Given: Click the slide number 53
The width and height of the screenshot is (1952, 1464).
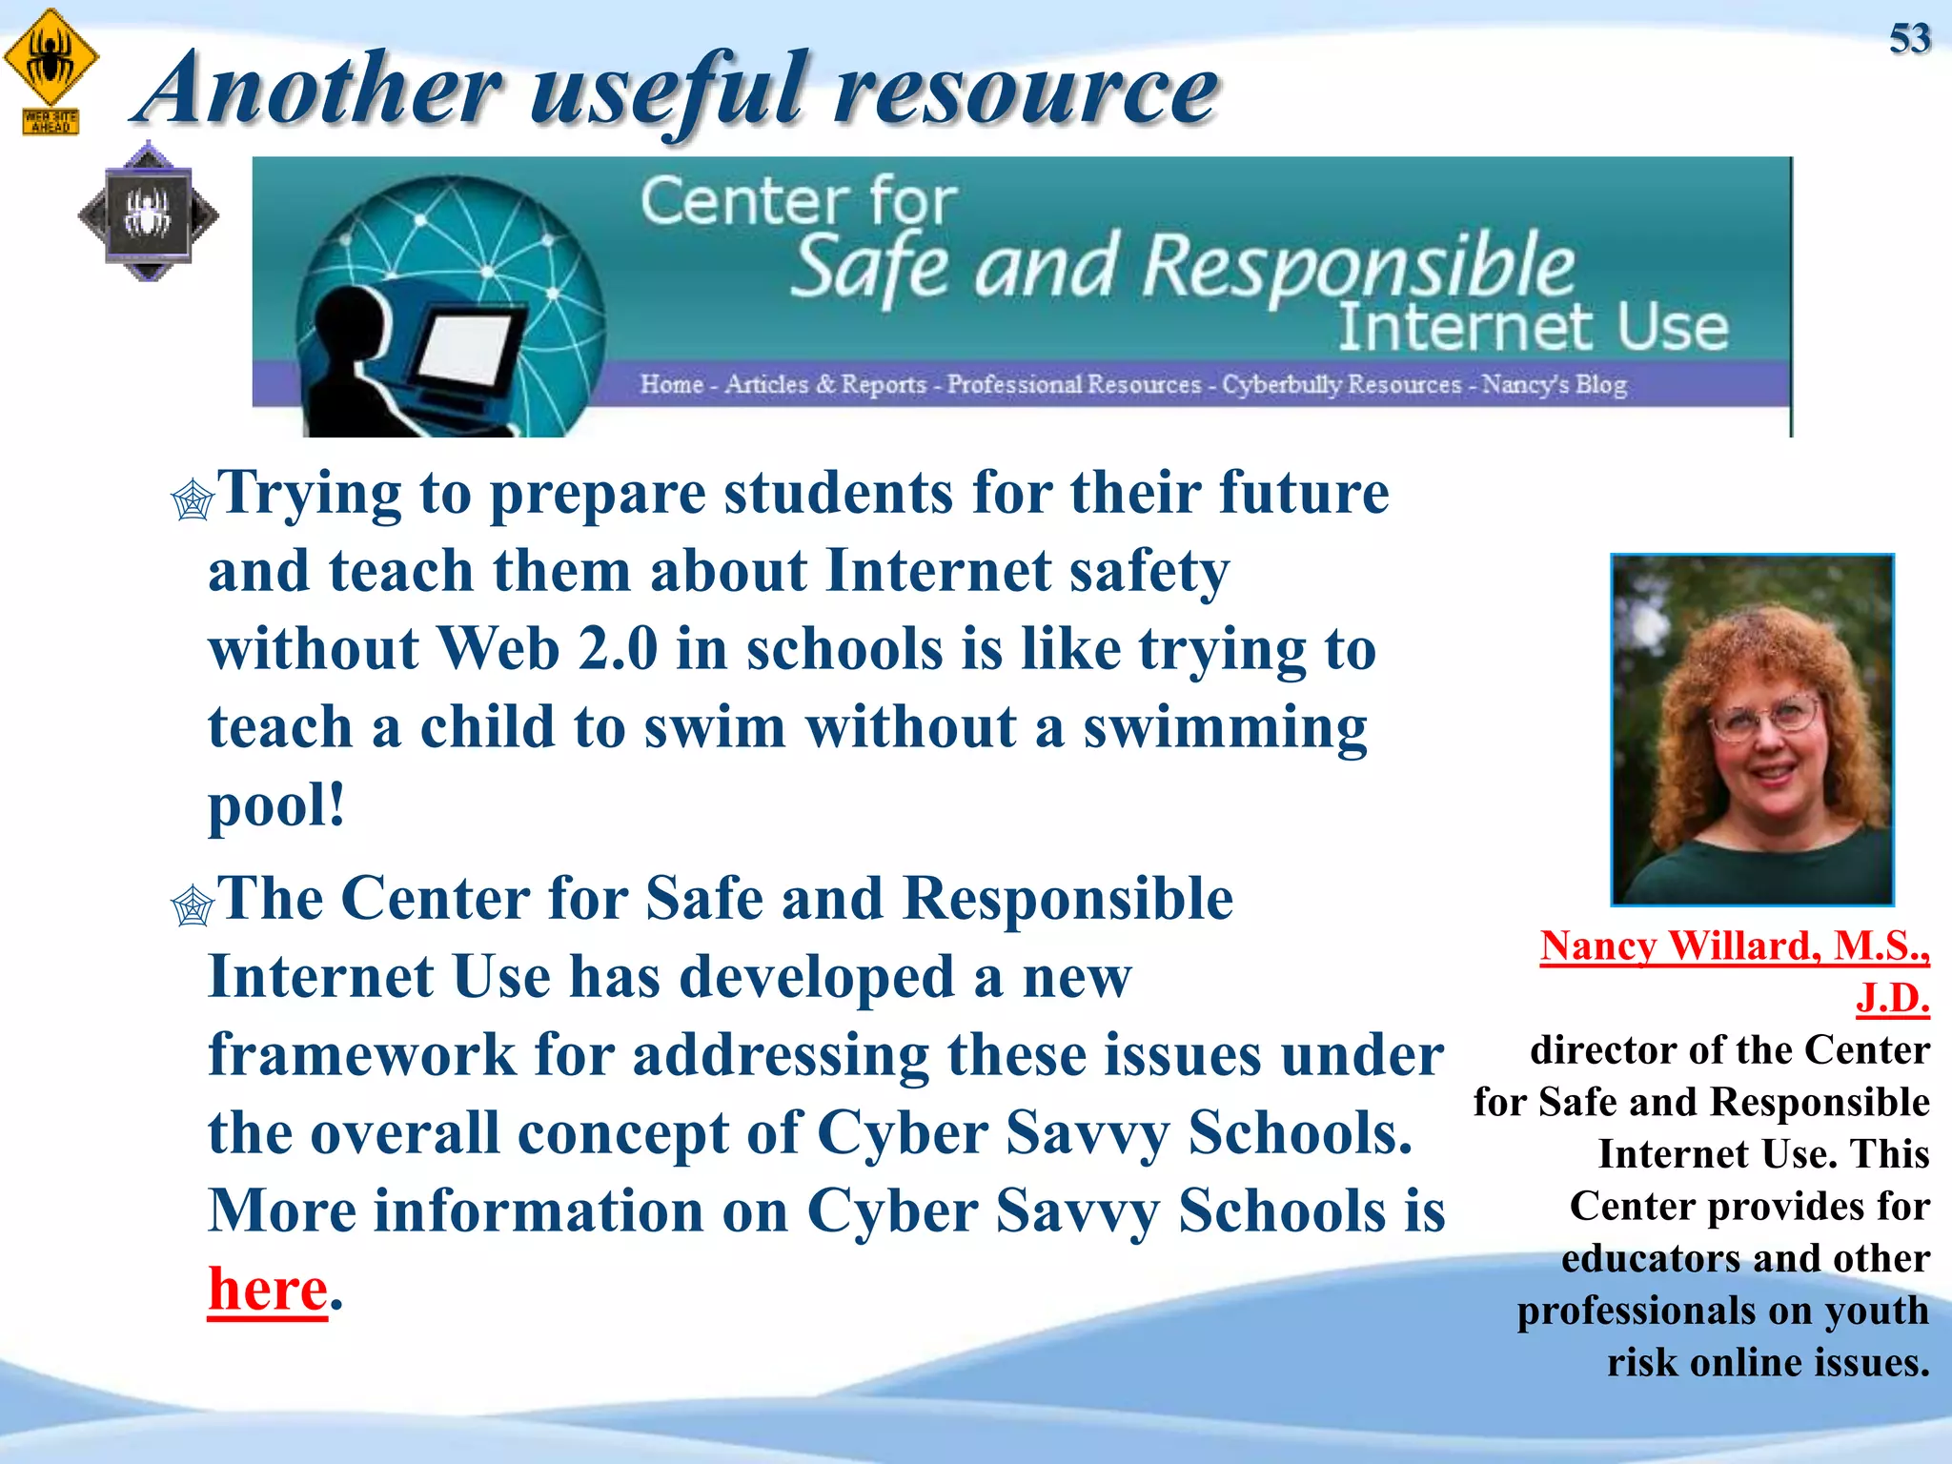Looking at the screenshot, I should click(x=1909, y=39).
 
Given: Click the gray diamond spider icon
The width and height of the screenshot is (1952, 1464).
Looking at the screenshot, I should click(x=148, y=213).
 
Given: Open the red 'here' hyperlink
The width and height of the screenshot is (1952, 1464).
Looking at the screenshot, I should click(x=268, y=1289).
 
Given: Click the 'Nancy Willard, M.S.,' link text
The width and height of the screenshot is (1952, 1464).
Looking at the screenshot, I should click(x=1734, y=945).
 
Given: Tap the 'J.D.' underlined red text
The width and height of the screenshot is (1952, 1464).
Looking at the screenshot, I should click(x=1892, y=998).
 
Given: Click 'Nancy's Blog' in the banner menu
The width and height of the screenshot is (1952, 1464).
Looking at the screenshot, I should click(x=1554, y=384).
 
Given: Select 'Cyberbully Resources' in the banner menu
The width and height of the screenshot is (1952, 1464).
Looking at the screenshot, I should click(x=1341, y=384).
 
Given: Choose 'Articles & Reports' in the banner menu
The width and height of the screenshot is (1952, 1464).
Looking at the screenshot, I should click(x=825, y=384).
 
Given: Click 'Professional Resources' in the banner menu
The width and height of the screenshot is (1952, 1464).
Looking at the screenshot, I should click(x=1073, y=384).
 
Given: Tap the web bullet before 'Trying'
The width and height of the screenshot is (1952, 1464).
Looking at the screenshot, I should click(x=193, y=499).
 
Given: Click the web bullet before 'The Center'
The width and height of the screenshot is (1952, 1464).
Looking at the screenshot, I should click(x=193, y=905).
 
